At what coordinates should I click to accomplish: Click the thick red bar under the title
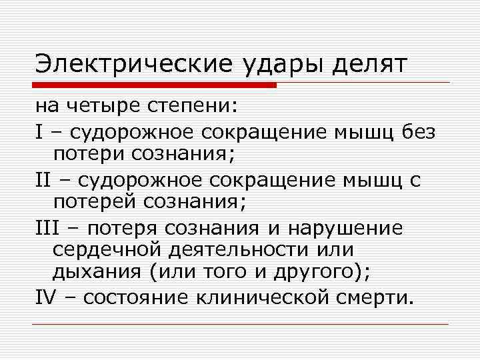[x=155, y=85]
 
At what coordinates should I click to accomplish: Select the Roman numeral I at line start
[x=39, y=132]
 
